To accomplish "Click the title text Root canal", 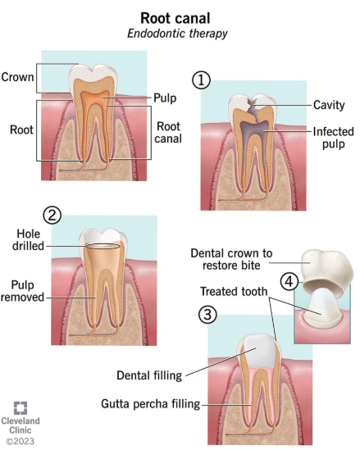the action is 175,18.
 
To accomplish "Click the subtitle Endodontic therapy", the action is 177,34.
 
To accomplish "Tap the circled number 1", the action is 201,80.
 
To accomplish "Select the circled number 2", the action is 52,216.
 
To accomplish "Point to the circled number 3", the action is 207,315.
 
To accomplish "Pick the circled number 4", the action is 289,281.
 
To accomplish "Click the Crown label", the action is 17,77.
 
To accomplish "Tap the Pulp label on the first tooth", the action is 165,98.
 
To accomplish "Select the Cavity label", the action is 329,105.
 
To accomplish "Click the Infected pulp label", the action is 333,138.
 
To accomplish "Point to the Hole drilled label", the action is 28,240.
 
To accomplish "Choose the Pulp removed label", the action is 22,291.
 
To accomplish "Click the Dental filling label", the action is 149,375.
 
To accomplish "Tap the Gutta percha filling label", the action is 151,404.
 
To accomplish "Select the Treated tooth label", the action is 234,292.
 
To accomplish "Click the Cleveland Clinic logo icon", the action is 21,408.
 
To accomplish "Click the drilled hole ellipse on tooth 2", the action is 103,246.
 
